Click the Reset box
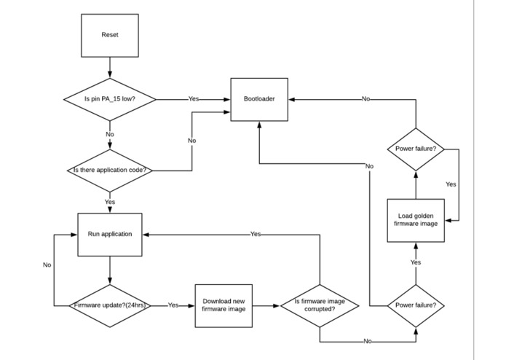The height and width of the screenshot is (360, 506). [109, 35]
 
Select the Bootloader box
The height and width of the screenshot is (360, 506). [259, 98]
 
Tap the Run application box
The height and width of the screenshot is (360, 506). [109, 234]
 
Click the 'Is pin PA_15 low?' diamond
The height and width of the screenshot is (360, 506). [109, 98]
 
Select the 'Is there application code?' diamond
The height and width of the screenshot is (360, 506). [109, 171]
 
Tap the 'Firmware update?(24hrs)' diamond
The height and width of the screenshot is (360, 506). [109, 305]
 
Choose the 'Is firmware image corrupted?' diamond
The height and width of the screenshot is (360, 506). [320, 305]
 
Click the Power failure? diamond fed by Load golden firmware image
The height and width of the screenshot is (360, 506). [416, 149]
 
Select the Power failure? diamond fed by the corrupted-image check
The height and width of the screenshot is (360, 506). [416, 305]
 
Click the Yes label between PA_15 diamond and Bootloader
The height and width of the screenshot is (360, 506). [194, 98]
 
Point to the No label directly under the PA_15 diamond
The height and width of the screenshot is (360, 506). [109, 134]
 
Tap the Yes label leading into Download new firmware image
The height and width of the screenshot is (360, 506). [173, 305]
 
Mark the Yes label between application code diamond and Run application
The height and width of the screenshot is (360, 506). [109, 201]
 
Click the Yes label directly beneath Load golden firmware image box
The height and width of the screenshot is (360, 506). [416, 262]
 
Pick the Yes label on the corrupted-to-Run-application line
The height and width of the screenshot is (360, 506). [255, 234]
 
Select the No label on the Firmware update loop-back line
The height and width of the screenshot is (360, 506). [47, 265]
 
